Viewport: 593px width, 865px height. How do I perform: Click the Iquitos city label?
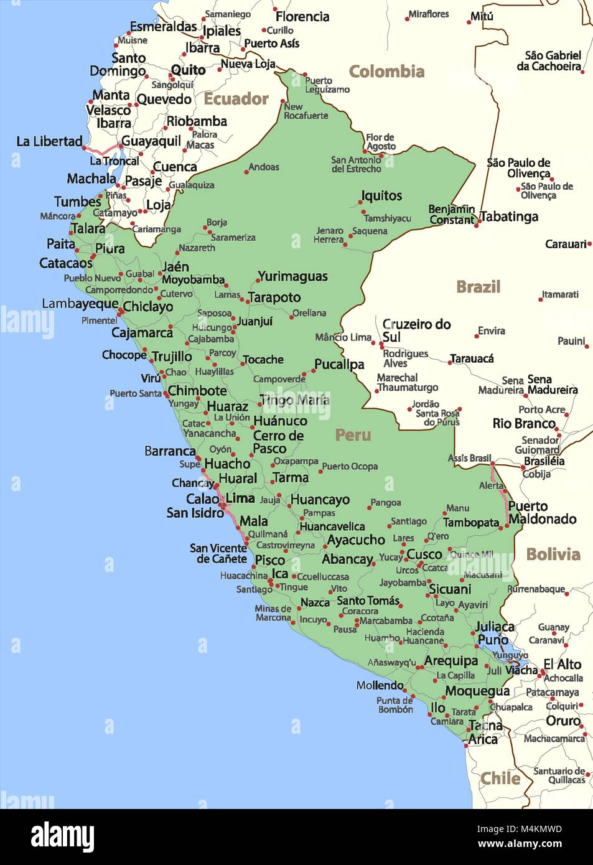coord(381,196)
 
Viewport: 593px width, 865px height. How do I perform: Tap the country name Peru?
coord(353,435)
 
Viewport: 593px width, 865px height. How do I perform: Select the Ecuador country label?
coord(236,99)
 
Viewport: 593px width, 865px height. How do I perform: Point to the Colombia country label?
coord(386,72)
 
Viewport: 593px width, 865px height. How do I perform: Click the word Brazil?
coord(478,287)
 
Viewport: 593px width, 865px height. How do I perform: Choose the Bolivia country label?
coord(553,554)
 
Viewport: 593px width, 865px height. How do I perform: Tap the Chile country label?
coord(500,778)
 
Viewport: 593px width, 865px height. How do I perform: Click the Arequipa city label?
coord(451,661)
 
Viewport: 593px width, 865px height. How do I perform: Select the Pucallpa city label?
coord(339,365)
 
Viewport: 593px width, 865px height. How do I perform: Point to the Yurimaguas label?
coord(292,276)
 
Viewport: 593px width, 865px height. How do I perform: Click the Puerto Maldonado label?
coord(541,513)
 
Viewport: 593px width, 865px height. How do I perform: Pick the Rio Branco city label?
coord(524,424)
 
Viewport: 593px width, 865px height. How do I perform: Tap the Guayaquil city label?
coord(151,141)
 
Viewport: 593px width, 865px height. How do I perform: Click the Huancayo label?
coord(320,500)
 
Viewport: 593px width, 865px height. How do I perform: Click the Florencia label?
coord(302,17)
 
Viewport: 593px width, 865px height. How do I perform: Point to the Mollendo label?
coord(380,685)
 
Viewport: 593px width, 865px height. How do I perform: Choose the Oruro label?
coord(563,721)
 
